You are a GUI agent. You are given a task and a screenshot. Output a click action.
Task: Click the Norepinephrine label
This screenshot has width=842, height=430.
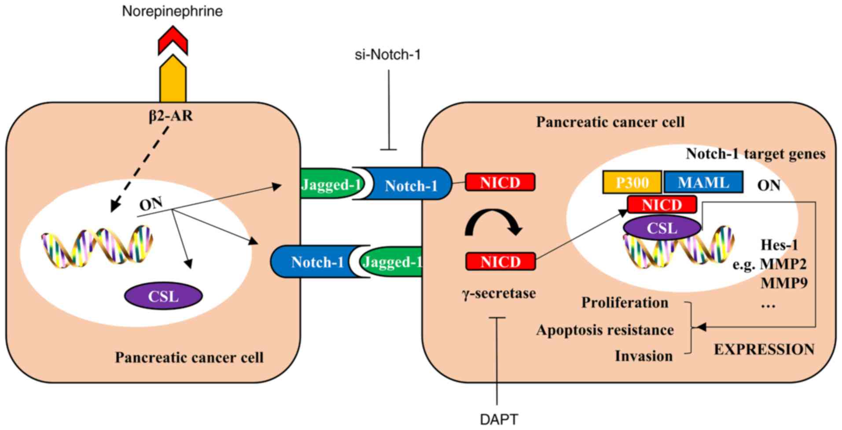point(172,11)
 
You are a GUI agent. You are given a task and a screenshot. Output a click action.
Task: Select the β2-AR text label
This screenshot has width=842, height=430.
point(170,116)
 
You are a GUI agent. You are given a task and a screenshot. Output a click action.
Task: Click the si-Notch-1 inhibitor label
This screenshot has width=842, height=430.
point(388,55)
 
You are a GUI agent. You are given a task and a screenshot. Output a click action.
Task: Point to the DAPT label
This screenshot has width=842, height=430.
point(499,419)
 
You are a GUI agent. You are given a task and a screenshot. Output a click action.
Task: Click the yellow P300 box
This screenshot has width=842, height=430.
point(632,182)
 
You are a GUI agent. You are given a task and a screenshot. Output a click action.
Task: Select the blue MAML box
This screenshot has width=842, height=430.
point(703,182)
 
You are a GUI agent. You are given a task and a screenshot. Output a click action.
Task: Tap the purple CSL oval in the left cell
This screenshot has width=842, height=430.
point(163,296)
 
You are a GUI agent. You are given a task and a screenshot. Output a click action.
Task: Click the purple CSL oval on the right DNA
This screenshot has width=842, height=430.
point(662,228)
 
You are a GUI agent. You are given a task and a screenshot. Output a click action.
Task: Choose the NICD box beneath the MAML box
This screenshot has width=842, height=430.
point(662,205)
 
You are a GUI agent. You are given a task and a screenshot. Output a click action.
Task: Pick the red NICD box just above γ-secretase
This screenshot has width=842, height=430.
point(500,261)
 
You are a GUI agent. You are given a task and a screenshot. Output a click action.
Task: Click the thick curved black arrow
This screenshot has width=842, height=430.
point(493,222)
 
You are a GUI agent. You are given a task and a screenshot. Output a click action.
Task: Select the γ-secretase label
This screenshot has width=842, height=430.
point(499,293)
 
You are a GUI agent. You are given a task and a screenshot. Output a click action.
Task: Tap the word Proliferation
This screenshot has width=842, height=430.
point(625,302)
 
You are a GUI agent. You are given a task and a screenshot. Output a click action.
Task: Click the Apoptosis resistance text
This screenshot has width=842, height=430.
point(605,330)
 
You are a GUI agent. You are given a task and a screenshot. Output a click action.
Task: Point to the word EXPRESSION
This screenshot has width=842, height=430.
point(764,349)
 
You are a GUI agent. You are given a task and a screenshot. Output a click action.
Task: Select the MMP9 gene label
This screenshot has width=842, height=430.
point(784,283)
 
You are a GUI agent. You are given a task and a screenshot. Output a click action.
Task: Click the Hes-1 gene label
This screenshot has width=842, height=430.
point(779,245)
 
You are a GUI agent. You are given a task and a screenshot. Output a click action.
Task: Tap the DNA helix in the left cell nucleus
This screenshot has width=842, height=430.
point(97,246)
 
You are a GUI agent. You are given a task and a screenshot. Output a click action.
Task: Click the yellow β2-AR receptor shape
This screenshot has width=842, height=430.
point(173,81)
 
